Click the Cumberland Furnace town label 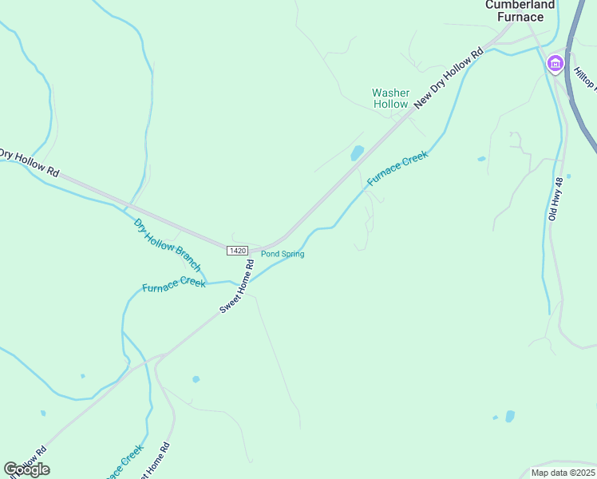520,10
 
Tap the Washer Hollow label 391,98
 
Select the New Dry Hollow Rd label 449,77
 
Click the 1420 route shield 237,251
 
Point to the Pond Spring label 283,254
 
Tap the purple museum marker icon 555,63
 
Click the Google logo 26,469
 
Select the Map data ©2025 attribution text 563,473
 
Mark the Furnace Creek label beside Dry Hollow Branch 174,283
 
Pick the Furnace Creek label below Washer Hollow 397,169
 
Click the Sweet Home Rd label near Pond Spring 237,286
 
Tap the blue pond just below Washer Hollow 357,152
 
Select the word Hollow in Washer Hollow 391,104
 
